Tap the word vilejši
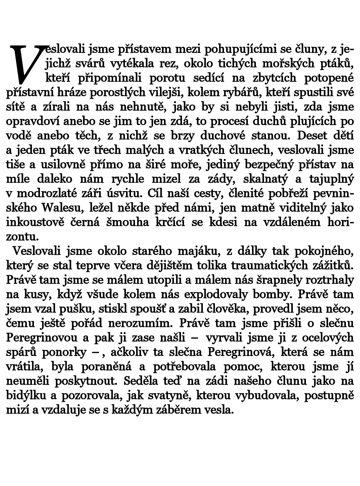165,93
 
